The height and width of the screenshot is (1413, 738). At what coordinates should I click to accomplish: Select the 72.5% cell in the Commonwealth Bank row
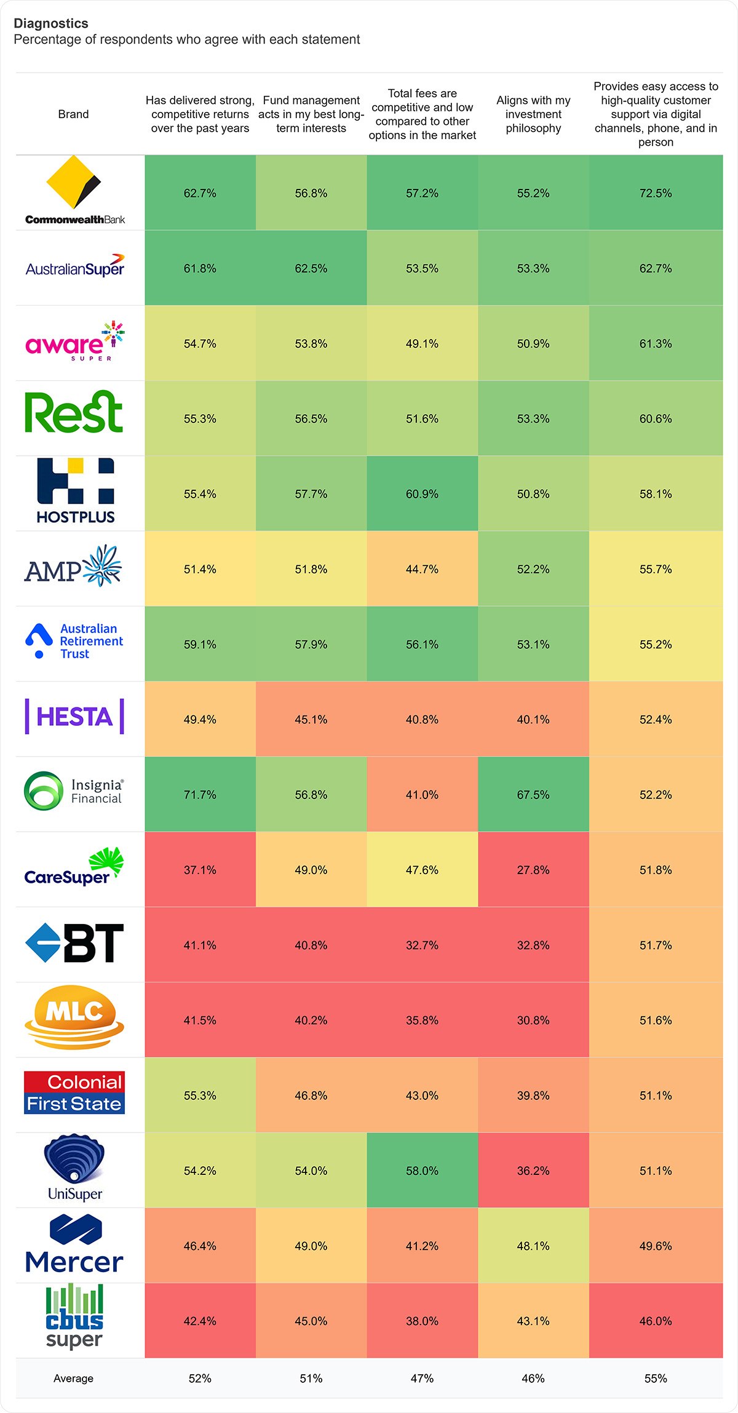coord(656,193)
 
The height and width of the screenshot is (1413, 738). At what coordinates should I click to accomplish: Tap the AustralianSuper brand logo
coord(75,267)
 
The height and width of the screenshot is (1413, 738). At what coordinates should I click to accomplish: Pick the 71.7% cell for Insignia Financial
coord(200,795)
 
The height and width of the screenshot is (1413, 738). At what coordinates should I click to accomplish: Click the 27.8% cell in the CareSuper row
coord(533,870)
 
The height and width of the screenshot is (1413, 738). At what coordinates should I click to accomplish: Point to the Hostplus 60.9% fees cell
coord(422,494)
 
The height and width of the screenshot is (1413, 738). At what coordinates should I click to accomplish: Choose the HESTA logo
coord(74,717)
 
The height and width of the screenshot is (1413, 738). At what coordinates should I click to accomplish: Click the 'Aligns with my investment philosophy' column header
coord(533,114)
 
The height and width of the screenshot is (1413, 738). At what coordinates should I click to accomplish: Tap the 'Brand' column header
coord(73,114)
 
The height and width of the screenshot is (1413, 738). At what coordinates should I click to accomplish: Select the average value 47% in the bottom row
coord(422,1379)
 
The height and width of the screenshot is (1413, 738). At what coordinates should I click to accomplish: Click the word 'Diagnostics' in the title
coord(51,23)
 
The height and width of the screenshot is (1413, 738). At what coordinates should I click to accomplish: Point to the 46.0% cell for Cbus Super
coord(656,1321)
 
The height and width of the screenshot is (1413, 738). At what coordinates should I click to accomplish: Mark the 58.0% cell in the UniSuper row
coord(422,1171)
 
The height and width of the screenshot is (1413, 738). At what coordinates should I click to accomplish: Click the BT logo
coord(74,943)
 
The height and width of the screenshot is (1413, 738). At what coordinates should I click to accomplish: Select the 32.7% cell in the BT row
coord(422,945)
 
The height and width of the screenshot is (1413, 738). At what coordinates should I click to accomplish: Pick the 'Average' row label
coord(73,1379)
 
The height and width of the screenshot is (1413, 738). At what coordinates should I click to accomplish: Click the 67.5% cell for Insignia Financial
coord(533,795)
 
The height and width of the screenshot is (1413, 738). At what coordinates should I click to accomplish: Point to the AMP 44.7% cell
coord(422,569)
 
